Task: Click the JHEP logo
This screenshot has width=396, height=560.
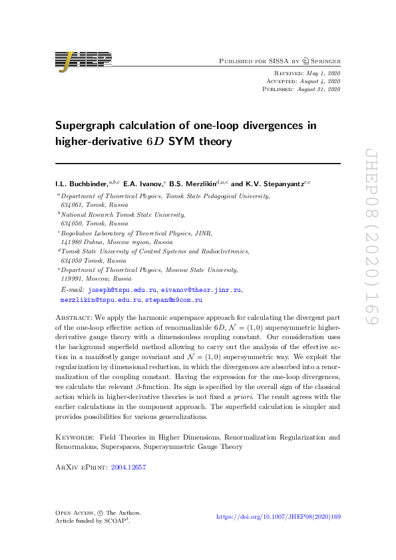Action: click(83, 60)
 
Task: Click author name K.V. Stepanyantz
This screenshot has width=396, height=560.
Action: click(274, 182)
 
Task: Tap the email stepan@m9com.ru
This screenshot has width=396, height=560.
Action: click(175, 300)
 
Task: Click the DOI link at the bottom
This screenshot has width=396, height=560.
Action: click(280, 517)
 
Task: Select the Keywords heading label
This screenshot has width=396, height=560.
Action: click(75, 437)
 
